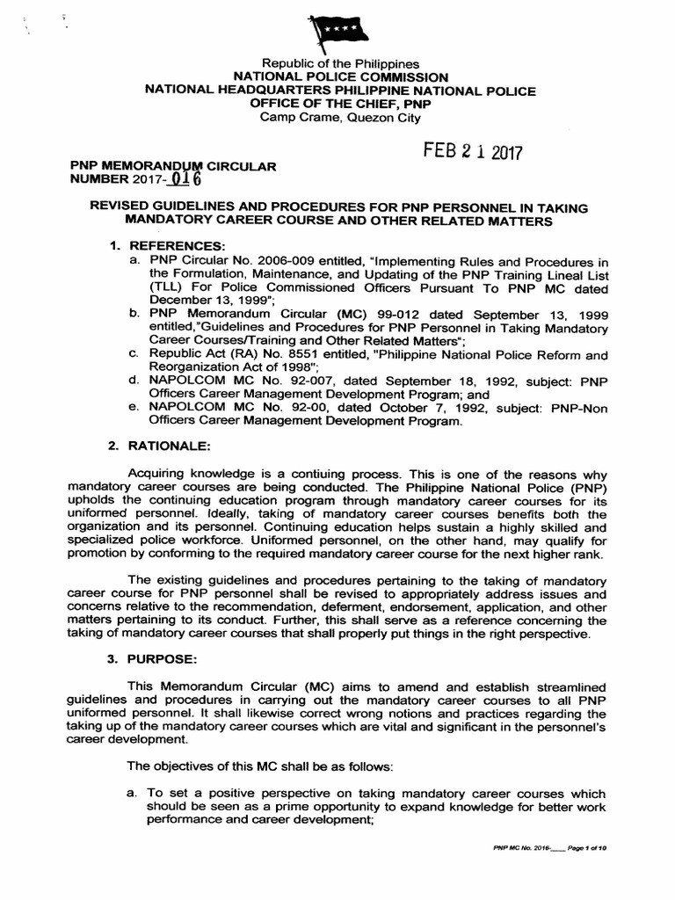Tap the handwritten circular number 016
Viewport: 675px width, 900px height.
coord(186,180)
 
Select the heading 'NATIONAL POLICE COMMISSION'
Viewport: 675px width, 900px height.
coord(340,77)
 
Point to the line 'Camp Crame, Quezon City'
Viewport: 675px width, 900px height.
coord(340,117)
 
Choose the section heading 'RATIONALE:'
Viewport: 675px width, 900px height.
coord(161,446)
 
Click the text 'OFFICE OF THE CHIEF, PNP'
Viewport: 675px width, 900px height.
coord(340,104)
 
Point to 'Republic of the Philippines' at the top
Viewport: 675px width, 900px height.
coord(340,65)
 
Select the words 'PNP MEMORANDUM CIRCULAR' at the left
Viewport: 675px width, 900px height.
coord(172,165)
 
